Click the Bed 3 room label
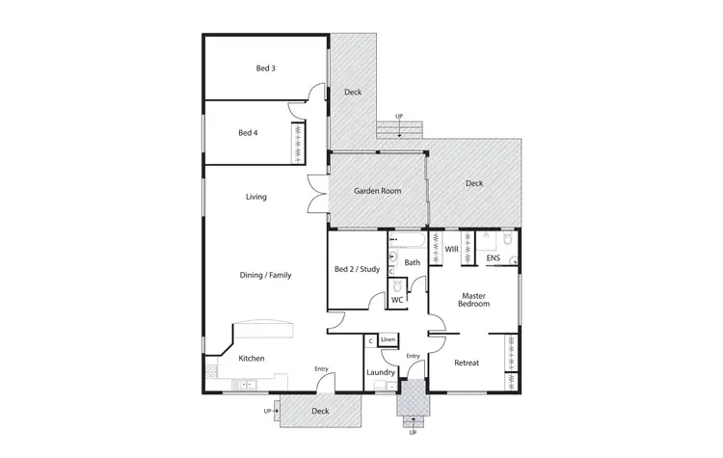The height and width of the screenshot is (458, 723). [265, 68]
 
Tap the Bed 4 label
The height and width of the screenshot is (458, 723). [248, 133]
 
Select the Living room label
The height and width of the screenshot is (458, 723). [255, 197]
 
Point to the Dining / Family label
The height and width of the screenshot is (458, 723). [265, 275]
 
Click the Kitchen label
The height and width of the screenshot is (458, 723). [252, 359]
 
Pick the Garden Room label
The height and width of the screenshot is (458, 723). [377, 191]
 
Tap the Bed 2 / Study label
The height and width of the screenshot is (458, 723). [357, 269]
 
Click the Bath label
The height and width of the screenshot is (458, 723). [412, 262]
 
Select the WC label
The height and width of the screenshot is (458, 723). [396, 300]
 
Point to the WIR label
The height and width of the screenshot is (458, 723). [451, 250]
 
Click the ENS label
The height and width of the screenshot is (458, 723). [493, 258]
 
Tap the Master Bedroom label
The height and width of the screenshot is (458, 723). [475, 300]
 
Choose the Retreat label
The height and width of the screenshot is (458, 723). [467, 362]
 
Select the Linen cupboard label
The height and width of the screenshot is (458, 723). [388, 339]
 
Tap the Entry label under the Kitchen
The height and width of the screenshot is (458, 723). [321, 368]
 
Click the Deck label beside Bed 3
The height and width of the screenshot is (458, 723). [353, 93]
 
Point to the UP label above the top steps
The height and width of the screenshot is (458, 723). [399, 116]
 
